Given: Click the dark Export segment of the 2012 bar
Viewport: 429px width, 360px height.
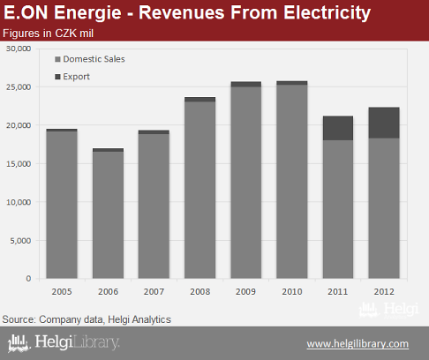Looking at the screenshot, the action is point(384,123).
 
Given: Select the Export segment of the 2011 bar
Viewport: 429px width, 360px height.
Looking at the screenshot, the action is point(338,128).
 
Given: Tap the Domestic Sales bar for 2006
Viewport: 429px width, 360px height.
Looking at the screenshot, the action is point(108,215).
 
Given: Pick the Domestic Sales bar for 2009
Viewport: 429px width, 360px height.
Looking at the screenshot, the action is point(246,183).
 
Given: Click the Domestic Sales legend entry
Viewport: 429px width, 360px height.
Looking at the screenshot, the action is point(90,59).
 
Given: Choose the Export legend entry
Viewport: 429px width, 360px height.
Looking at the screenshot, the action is point(72,77).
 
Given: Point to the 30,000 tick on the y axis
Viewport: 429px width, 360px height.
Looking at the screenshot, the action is point(19,49).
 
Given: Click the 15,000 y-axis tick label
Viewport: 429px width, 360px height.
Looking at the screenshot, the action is point(19,164).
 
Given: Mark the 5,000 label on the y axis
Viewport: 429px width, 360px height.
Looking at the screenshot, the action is point(20,241).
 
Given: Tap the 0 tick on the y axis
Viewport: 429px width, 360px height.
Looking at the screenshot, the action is point(28,278).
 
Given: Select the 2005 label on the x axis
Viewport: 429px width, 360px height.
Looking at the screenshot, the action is point(62,291).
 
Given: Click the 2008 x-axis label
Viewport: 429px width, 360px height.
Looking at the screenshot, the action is point(200,291).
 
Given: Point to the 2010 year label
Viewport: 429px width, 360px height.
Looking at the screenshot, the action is point(292,291).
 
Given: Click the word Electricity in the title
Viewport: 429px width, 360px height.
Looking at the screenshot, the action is point(327,13).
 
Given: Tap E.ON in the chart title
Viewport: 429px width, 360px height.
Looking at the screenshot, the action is point(26,13).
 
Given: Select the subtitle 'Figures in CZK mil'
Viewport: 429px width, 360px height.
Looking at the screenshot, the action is point(48,34).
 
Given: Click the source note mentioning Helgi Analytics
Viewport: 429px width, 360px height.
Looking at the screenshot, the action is point(87,319).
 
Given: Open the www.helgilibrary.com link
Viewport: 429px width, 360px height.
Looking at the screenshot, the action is point(357,343).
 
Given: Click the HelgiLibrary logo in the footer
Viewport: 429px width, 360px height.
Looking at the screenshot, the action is point(64,342).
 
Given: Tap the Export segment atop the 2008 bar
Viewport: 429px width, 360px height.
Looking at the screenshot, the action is point(200,100).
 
